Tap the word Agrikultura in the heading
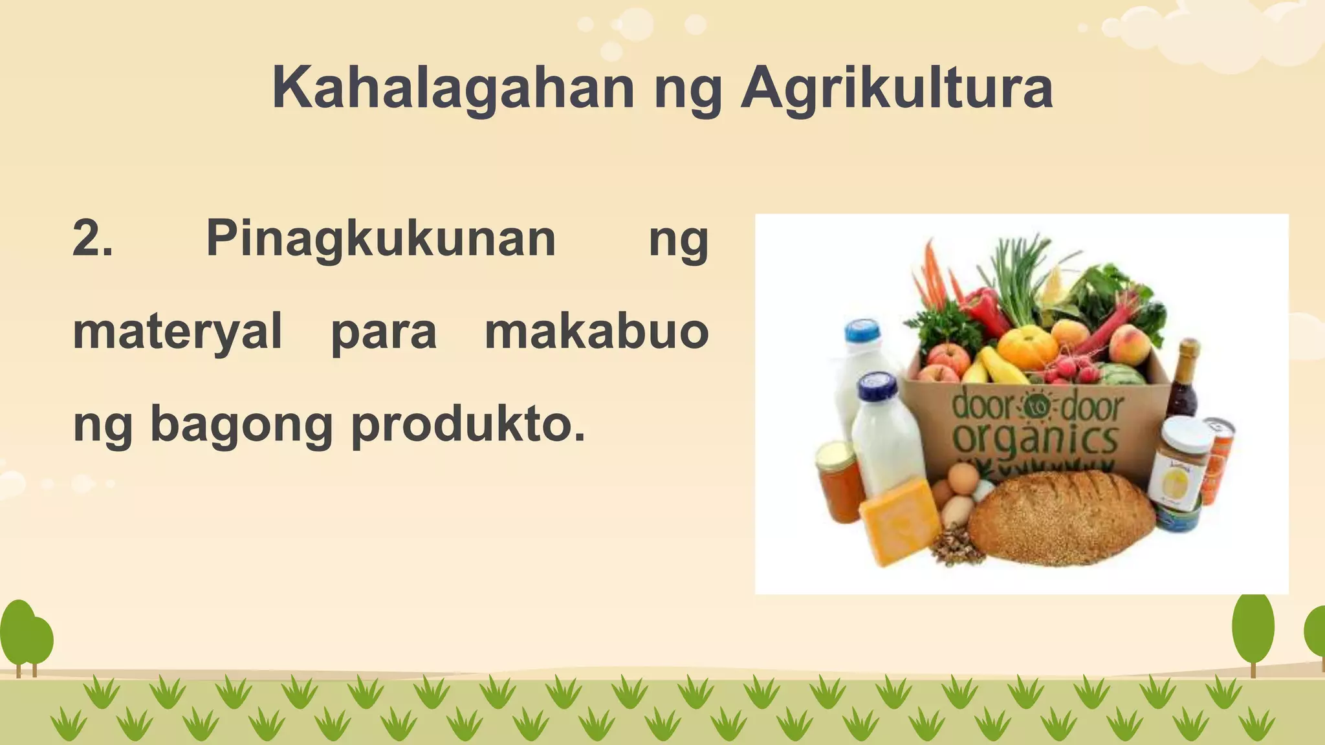tap(897, 89)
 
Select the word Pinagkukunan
tap(380, 239)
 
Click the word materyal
tap(177, 332)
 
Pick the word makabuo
tap(597, 331)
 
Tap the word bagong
tap(241, 426)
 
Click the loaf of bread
tap(1061, 517)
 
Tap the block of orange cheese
tap(900, 521)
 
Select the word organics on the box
tap(1035, 440)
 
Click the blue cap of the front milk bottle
tap(877, 386)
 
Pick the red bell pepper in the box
tap(983, 310)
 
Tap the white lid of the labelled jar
tap(1187, 433)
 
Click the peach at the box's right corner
tap(1130, 342)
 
